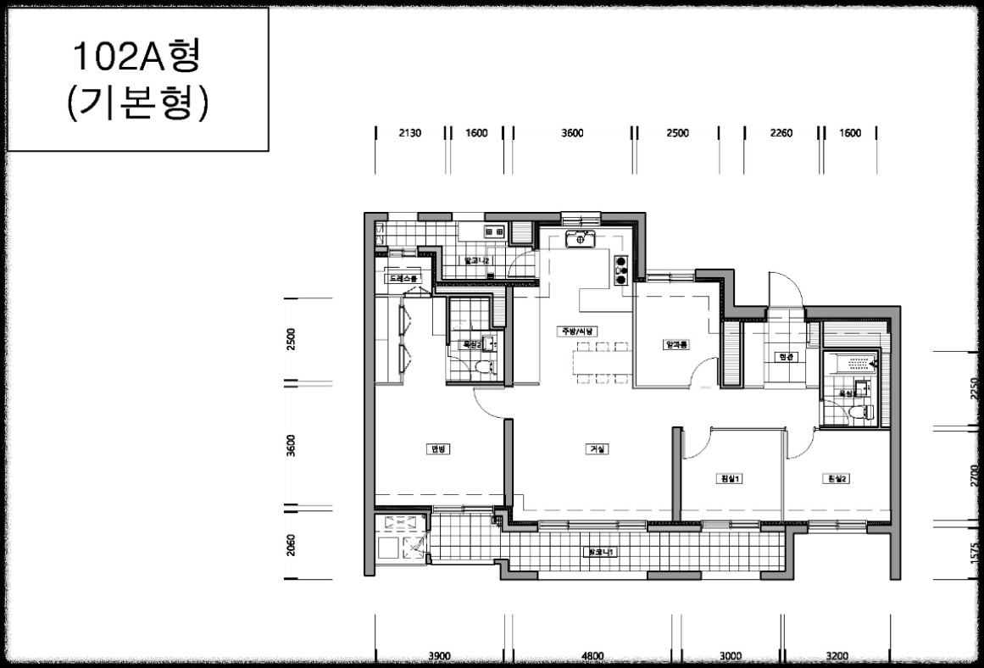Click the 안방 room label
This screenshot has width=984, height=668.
438,449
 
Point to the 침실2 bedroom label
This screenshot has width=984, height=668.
836,479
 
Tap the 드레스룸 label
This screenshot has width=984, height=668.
403,278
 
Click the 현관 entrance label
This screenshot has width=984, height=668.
786,357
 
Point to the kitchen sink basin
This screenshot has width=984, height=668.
581,238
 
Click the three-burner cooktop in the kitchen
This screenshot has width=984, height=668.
620,269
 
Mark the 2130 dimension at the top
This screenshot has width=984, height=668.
409,133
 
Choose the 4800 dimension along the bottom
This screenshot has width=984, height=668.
592,655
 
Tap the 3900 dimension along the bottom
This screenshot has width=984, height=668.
439,655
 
